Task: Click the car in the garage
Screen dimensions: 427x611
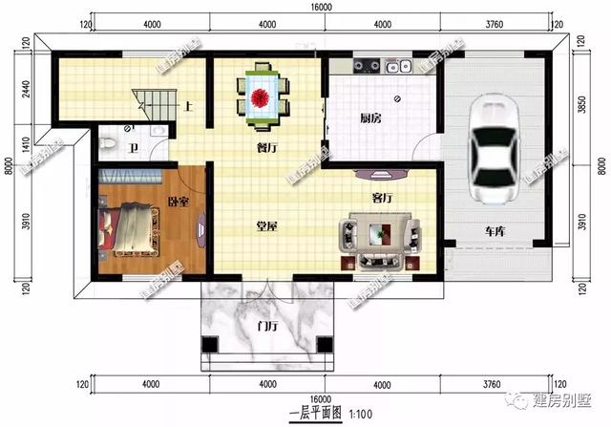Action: point(495,152)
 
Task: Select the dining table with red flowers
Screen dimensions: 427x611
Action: point(262,96)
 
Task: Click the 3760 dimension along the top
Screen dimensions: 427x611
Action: point(494,23)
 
